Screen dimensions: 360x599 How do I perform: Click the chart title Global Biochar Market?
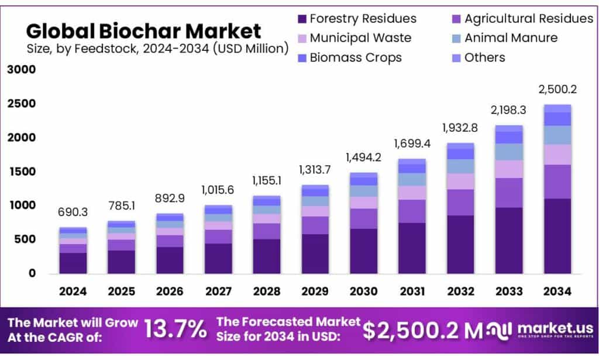coord(143,30)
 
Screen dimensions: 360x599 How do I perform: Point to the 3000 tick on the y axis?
coord(22,70)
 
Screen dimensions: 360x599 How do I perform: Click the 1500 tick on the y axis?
coord(22,172)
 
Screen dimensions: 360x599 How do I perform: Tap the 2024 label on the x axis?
coord(73,291)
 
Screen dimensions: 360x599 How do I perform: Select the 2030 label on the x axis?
coord(363,291)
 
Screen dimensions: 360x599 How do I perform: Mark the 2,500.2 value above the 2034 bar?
coord(557,90)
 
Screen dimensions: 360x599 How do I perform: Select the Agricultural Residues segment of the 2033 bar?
coord(508,193)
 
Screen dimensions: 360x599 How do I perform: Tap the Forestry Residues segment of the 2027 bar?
coord(218,258)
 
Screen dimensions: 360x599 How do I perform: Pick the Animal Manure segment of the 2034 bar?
coord(557,135)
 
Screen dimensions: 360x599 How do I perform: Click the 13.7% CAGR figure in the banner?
coord(175,330)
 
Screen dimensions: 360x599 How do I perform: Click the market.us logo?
coord(545,330)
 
